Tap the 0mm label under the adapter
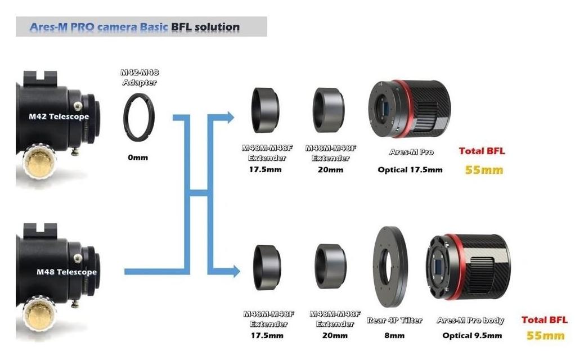(137, 157)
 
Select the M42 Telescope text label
(59, 117)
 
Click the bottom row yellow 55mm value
(545, 336)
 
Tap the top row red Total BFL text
(482, 151)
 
